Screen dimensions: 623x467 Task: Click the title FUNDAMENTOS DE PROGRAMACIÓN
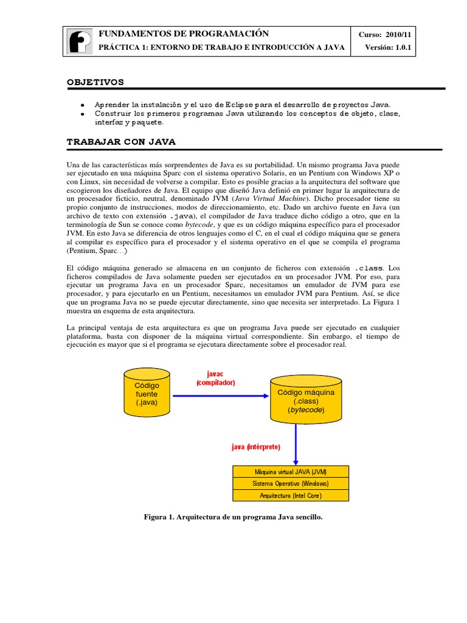(183, 33)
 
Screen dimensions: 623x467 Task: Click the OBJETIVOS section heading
(95, 81)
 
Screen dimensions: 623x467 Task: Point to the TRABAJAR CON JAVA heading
(121, 141)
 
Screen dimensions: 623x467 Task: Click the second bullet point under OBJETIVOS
(247, 117)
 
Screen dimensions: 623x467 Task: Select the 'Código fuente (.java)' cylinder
(147, 394)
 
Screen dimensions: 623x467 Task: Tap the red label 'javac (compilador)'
(215, 378)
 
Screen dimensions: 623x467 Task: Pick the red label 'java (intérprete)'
(255, 447)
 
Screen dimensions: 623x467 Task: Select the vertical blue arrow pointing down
(296, 444)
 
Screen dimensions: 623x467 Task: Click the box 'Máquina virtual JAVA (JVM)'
(291, 472)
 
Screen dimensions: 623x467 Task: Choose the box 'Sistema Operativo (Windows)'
(291, 484)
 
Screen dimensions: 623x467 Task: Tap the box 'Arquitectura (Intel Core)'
(291, 495)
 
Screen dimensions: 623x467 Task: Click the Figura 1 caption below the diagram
(233, 517)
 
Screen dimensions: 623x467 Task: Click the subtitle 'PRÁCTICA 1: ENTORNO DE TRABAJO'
(221, 47)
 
